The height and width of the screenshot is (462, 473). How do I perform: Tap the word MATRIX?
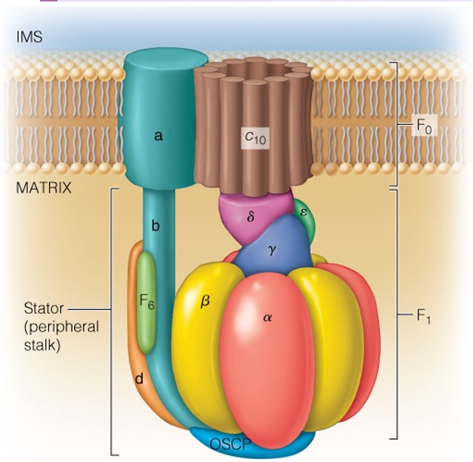click(44, 188)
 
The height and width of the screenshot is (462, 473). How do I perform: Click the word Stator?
click(44, 309)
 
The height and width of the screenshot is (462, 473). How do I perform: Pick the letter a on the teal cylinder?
click(159, 137)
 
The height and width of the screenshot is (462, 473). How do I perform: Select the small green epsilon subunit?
click(302, 214)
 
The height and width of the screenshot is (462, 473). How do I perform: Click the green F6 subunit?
click(147, 300)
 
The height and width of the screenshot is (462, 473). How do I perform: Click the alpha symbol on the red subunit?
click(266, 318)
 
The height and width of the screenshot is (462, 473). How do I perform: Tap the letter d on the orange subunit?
click(139, 379)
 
